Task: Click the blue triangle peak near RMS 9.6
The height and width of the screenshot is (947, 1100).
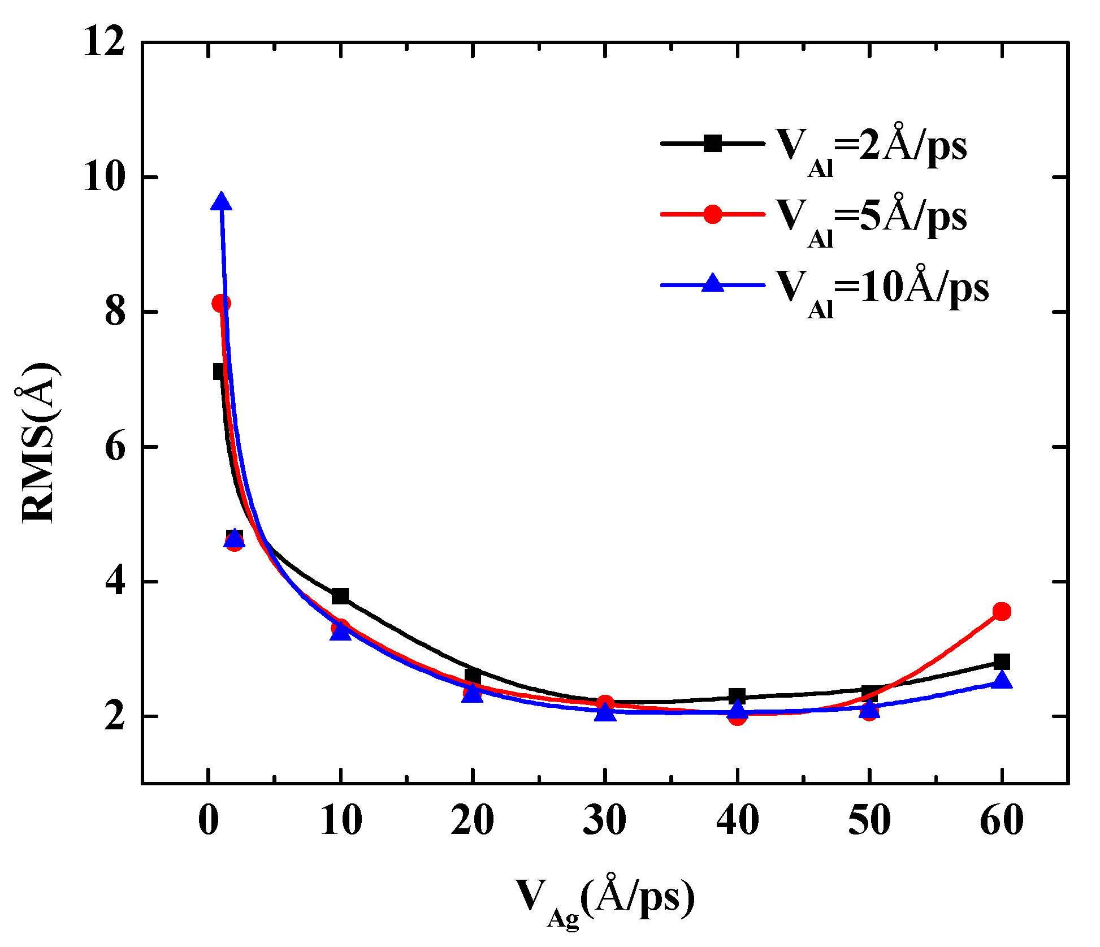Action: (x=222, y=202)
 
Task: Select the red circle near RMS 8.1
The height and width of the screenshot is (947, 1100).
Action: (x=221, y=304)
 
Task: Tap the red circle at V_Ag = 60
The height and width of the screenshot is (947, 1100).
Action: (x=1002, y=611)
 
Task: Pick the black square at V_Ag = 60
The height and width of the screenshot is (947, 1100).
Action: (x=1002, y=661)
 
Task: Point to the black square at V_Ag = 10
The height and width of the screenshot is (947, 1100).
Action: (x=340, y=596)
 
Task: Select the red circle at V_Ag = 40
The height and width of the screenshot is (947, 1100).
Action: (x=737, y=717)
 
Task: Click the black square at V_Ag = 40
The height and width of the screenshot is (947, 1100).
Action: (x=737, y=696)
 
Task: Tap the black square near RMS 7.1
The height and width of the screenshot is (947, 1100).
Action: (x=220, y=371)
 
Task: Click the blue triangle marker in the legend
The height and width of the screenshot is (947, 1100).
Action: (x=713, y=283)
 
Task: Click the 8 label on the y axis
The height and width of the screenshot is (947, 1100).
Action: (x=115, y=312)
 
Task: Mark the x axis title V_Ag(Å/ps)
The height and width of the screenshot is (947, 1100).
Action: (x=604, y=899)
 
